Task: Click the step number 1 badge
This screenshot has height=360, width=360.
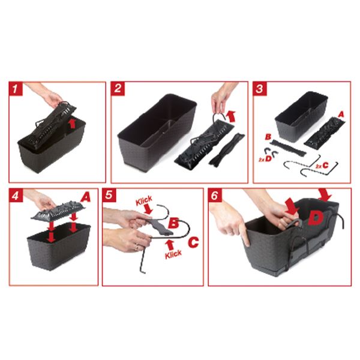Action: (x=16, y=89)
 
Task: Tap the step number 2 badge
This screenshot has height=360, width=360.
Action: (x=118, y=88)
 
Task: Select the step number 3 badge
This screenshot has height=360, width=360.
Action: (x=260, y=88)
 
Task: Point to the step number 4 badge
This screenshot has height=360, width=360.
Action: (x=16, y=195)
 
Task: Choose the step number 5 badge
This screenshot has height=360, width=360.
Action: (x=109, y=195)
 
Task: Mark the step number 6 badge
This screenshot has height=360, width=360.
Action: (x=215, y=195)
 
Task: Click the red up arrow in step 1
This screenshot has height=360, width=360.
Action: (x=73, y=123)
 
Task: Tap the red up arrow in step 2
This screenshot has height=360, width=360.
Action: (x=231, y=116)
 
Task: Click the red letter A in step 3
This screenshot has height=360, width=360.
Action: (x=341, y=114)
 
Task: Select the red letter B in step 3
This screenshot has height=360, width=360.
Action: (x=268, y=137)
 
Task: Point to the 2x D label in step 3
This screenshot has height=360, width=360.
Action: (x=265, y=159)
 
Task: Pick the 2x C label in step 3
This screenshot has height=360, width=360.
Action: (x=322, y=166)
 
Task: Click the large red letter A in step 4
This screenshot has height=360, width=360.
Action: (x=85, y=197)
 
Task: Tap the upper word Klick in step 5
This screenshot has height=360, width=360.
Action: (x=144, y=200)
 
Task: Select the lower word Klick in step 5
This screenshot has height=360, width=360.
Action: (x=173, y=254)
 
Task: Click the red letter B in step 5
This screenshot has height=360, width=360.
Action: (x=173, y=223)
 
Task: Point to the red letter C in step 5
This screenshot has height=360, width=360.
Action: (x=193, y=242)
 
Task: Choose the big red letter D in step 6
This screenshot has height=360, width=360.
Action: (x=316, y=218)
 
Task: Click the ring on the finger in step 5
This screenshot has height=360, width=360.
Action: (x=137, y=248)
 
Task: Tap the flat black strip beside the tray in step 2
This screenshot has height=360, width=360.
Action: (x=227, y=149)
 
